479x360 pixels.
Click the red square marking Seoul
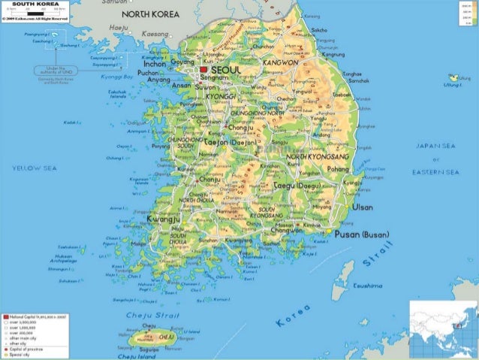pyautogui.click(x=203, y=69)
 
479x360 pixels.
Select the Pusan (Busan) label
pyautogui.click(x=362, y=234)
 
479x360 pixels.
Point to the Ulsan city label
pyautogui.click(x=362, y=207)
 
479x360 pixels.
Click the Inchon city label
pyautogui.click(x=155, y=63)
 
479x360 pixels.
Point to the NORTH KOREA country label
pyautogui.click(x=151, y=14)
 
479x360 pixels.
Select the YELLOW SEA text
pyautogui.click(x=29, y=168)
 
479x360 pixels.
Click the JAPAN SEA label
pyautogui.click(x=436, y=146)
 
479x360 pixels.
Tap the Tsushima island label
pyautogui.click(x=367, y=286)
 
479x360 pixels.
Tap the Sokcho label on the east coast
pyautogui.click(x=319, y=30)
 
